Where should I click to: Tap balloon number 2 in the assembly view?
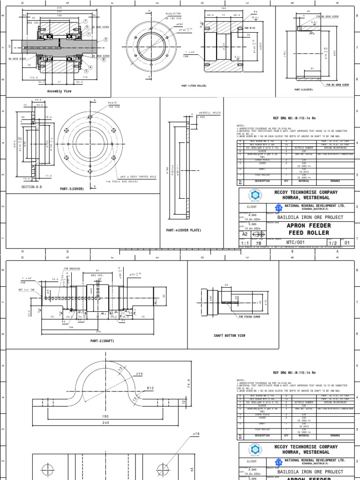click(x=106, y=40)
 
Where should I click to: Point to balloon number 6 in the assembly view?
click(x=104, y=60)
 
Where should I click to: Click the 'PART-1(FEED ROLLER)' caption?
click(x=194, y=86)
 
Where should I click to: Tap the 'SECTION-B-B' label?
click(x=32, y=187)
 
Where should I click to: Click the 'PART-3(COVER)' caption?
click(x=71, y=189)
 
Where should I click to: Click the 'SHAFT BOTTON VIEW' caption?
click(x=229, y=336)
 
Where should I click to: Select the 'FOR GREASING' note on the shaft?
click(x=72, y=269)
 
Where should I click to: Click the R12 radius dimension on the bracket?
click(x=150, y=388)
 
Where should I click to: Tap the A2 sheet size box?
click(x=245, y=234)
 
